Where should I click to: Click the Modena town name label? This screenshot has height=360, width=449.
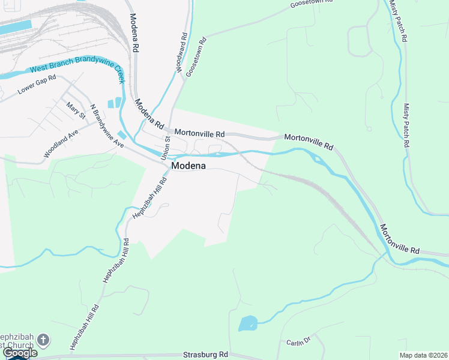pyautogui.click(x=190, y=166)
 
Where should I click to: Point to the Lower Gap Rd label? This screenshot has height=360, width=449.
pyautogui.click(x=37, y=85)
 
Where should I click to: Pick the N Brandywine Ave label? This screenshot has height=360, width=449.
pyautogui.click(x=106, y=127)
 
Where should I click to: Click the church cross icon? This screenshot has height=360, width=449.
pyautogui.click(x=43, y=340)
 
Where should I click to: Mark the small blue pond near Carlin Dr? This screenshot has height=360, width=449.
pyautogui.click(x=247, y=324)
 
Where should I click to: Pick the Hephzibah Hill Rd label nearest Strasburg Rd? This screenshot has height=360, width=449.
pyautogui.click(x=85, y=324)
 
